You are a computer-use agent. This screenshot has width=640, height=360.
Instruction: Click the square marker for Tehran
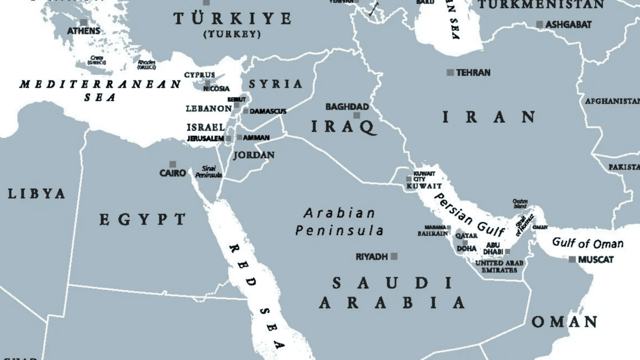450,73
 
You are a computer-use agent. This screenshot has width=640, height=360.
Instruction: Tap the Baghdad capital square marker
356,115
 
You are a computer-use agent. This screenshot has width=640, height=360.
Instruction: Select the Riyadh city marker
394,257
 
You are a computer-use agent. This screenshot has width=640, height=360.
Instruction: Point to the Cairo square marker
172,164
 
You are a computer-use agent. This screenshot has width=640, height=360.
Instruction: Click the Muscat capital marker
572,260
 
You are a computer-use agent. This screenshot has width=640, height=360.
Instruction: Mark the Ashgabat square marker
540,25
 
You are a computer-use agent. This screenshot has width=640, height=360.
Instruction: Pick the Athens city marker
84,22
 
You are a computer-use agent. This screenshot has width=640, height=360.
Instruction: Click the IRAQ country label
344,127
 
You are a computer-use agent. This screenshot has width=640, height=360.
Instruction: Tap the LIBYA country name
36,194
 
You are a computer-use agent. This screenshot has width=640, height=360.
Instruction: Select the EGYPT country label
143,219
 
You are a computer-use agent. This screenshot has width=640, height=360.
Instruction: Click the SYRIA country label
276,84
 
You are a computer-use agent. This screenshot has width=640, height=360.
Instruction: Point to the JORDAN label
254,155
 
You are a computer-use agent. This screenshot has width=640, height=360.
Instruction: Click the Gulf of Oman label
587,243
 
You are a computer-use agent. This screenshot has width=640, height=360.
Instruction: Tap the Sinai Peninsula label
208,171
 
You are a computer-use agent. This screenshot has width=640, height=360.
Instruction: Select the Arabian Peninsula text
340,222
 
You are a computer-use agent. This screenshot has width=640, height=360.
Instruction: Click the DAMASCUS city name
268,111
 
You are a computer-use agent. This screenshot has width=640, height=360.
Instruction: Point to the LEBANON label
209,108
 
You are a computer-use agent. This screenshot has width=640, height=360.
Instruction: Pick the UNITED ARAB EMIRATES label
499,267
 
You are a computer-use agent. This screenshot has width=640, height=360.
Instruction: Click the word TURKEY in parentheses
232,34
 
